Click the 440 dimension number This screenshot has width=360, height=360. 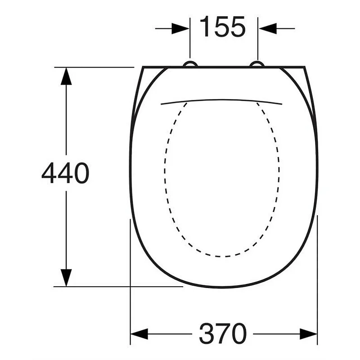point(66,173)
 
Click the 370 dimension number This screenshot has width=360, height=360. point(223,334)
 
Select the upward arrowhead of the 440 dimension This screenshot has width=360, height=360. point(66,76)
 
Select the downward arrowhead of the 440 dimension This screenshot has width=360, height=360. point(66,277)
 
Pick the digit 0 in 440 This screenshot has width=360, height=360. point(81,173)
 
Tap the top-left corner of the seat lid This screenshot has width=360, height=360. point(144,67)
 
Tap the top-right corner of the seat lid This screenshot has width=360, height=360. point(305,67)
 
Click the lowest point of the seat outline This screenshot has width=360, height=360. point(224,287)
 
